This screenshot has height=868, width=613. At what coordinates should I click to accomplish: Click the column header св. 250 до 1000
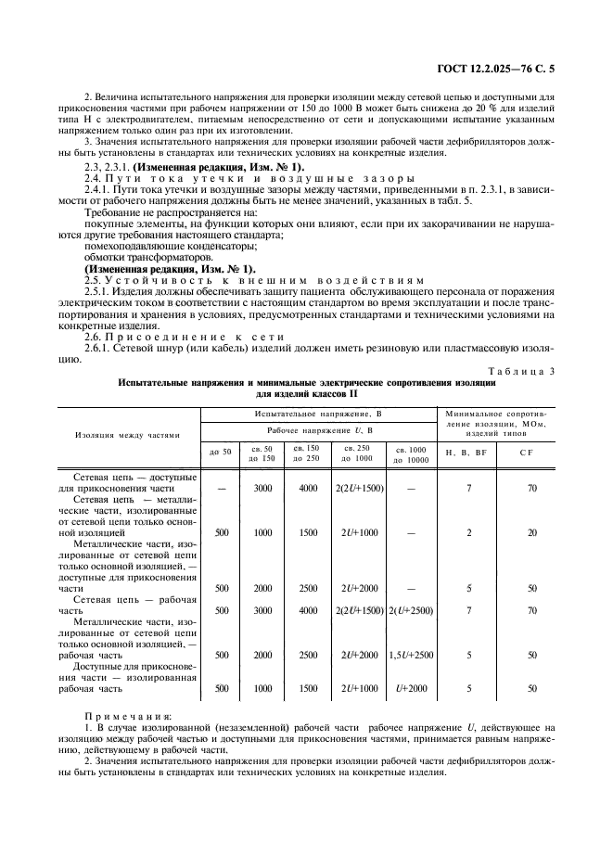pos(357,453)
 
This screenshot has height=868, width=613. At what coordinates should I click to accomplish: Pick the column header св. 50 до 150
pos(263,453)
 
